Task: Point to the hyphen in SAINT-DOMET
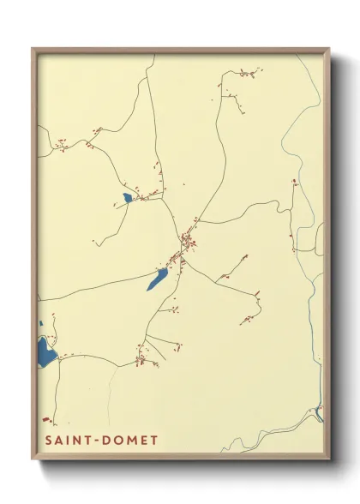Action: pyautogui.click(x=97, y=441)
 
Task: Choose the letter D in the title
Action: pyautogui.click(x=105, y=441)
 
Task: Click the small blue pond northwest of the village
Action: pyautogui.click(x=127, y=199)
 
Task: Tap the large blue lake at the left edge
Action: pyautogui.click(x=45, y=350)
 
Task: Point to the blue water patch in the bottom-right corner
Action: pyautogui.click(x=319, y=416)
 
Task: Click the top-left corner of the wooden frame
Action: pyautogui.click(x=33, y=48)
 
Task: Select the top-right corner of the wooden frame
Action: pyautogui.click(x=329, y=48)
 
